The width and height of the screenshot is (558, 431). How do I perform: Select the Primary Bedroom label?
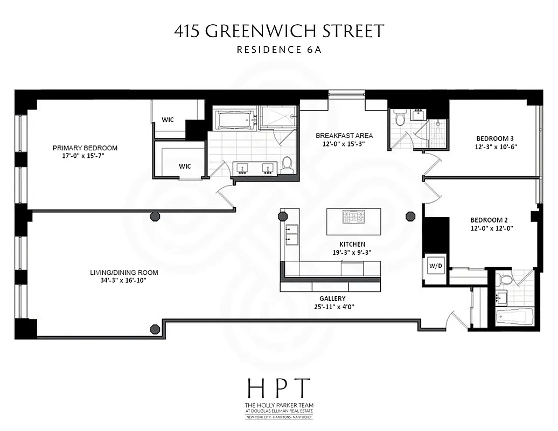85,148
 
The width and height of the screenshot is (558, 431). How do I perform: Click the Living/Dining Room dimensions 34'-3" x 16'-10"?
124,281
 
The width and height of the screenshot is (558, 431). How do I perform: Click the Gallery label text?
332,298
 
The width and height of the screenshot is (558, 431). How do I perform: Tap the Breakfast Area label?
344,135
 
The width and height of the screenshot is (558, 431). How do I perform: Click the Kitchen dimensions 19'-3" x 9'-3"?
352,252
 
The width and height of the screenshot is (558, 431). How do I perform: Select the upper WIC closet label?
168,120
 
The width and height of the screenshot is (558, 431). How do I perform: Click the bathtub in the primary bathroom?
235,120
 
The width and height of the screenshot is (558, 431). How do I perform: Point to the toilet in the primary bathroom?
287,164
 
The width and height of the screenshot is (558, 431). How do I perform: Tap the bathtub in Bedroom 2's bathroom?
514,316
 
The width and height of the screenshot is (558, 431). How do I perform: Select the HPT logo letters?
278,388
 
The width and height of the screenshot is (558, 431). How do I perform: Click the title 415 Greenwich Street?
279,31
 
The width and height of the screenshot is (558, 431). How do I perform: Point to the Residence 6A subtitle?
279,50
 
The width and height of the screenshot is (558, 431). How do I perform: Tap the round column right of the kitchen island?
410,217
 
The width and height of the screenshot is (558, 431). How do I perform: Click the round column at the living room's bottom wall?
155,329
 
